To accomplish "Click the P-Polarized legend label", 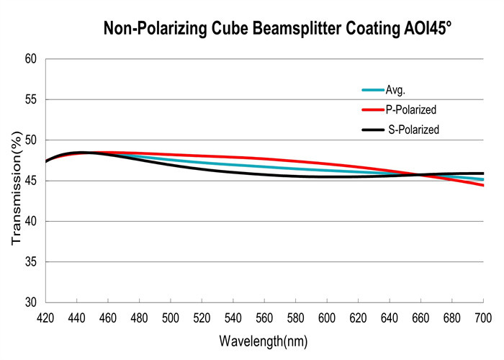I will (412, 110).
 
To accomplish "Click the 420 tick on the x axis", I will (45, 318).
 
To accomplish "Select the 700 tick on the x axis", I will (482, 318).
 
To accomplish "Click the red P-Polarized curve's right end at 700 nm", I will (482, 185).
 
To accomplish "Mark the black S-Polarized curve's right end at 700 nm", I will (482, 174).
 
